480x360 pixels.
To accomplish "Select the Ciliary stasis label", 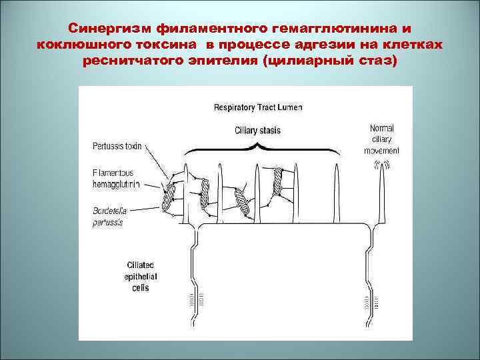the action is pyautogui.click(x=259, y=130).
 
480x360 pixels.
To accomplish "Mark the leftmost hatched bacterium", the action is pyautogui.click(x=169, y=196).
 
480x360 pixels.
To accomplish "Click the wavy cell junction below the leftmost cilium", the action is pyautogui.click(x=197, y=280).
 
